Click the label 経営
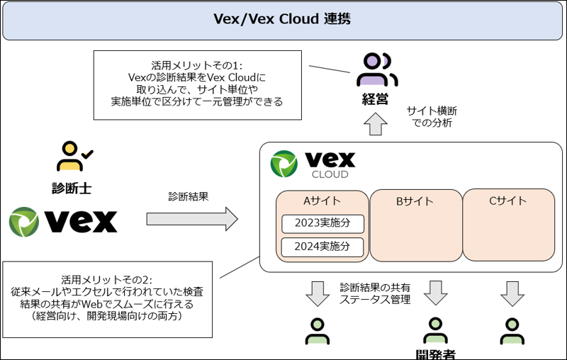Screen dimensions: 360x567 pos(376,99)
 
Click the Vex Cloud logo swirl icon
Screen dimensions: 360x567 pos(286,163)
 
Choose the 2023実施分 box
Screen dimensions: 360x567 pos(322,224)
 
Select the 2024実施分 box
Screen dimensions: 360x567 pos(322,247)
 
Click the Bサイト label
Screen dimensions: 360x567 pos(415,201)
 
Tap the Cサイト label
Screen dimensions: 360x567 pos(508,201)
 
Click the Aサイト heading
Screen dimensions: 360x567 pos(322,201)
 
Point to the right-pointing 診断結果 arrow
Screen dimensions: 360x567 pos(191,218)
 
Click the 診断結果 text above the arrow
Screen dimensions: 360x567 pos(189,196)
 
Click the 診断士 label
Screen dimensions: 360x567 pos(72,188)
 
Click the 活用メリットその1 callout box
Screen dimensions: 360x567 pos(196,83)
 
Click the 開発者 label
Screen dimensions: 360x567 pos(435,353)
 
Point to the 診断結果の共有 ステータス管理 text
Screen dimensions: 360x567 pos(375,293)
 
